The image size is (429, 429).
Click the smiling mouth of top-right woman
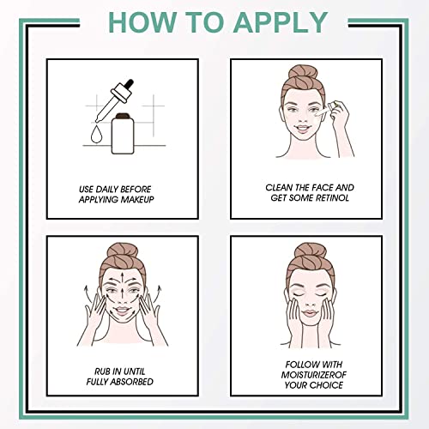point(305,135)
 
